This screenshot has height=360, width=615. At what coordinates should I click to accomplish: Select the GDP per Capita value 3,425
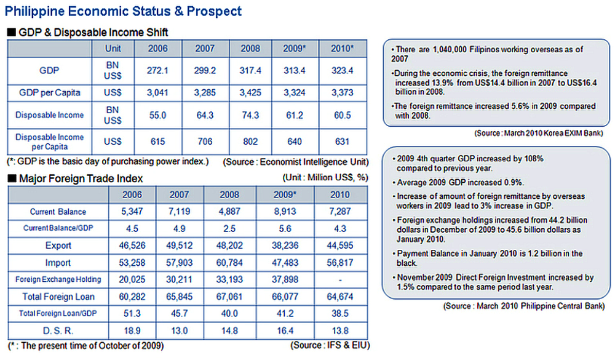click(250, 93)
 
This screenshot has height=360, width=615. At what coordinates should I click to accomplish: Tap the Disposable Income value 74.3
click(250, 115)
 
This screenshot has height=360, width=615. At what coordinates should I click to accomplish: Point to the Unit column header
click(113, 48)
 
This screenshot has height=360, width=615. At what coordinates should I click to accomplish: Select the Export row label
click(58, 246)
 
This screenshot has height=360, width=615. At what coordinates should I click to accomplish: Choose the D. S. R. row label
click(58, 330)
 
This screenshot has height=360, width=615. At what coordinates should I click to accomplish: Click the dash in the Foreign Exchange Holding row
click(339, 279)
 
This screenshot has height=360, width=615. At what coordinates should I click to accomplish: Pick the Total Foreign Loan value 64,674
click(339, 297)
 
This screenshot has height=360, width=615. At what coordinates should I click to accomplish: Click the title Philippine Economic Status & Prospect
click(124, 11)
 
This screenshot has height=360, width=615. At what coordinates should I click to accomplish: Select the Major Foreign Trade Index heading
click(81, 178)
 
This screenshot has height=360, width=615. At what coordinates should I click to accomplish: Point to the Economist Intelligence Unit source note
click(296, 162)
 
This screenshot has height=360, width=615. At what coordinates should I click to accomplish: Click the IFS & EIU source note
click(331, 345)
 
